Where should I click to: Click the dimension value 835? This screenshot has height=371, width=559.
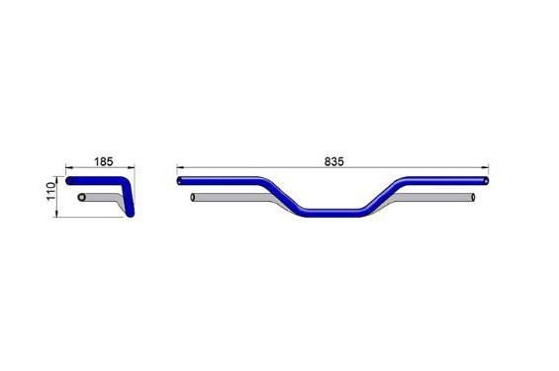334,162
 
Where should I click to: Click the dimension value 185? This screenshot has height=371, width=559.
103,162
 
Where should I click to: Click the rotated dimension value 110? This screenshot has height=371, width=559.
51,191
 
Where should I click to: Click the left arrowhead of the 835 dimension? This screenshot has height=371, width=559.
180,167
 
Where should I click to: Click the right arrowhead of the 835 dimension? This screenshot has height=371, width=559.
485,167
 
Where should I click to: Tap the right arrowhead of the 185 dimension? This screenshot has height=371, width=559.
132,167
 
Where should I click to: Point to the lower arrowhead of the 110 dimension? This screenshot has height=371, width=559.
56,214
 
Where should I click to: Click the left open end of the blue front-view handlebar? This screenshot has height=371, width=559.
180,181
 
